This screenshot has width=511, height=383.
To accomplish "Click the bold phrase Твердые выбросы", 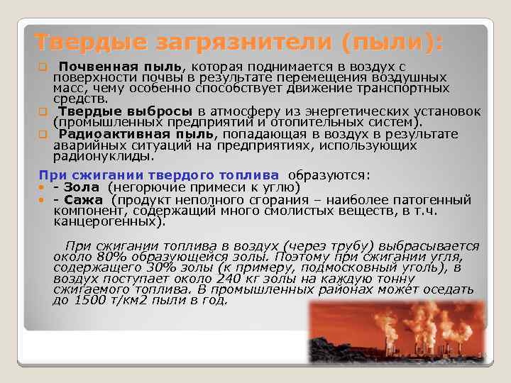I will coord(126,111).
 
